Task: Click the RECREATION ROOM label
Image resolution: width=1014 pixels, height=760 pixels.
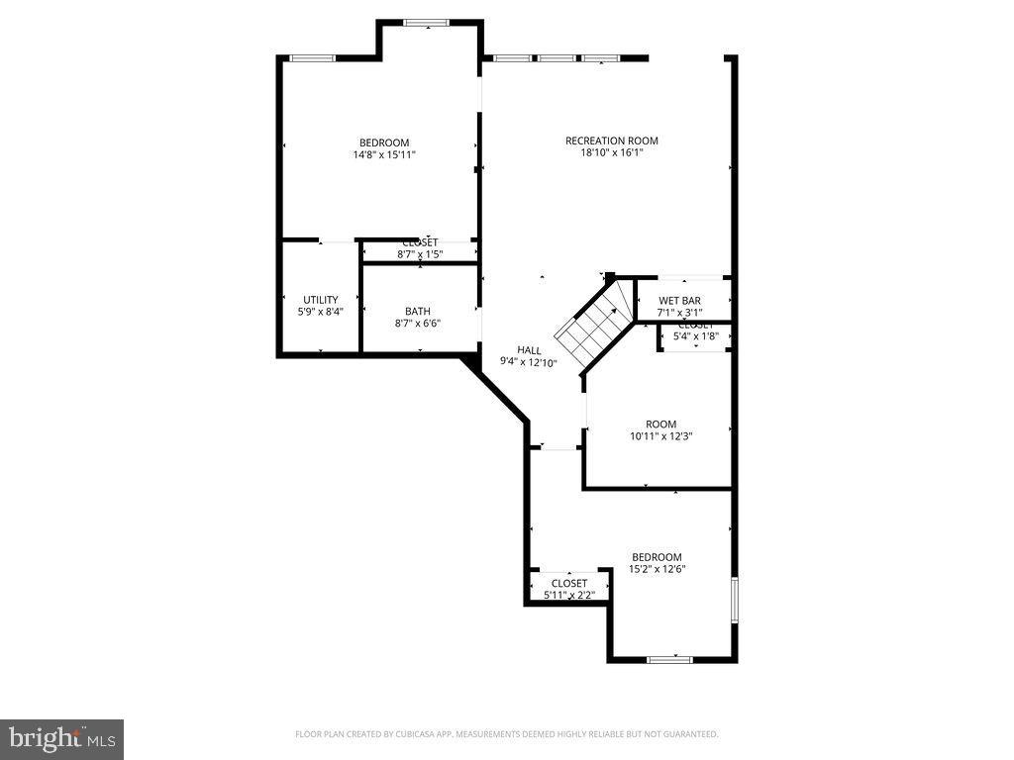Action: click(x=611, y=141)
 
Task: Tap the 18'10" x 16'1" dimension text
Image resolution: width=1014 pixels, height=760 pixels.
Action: click(x=611, y=152)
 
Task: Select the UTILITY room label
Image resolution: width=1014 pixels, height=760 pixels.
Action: click(x=320, y=300)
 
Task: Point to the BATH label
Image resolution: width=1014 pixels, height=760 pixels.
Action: click(x=417, y=312)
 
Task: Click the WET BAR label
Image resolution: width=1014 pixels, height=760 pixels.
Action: click(x=679, y=300)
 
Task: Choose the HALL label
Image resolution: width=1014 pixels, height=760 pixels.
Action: click(x=529, y=350)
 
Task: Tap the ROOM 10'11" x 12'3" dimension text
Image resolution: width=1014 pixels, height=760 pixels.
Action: click(x=660, y=435)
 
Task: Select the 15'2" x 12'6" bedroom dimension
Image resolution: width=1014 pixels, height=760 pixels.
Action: click(x=658, y=569)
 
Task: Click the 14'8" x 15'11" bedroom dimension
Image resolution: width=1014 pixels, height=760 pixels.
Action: click(x=383, y=154)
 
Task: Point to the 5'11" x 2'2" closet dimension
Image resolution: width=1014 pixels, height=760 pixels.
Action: click(x=568, y=595)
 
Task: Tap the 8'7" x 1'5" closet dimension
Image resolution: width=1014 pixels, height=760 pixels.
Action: click(x=420, y=254)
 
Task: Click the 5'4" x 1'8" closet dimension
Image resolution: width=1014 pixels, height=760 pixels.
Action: click(x=695, y=335)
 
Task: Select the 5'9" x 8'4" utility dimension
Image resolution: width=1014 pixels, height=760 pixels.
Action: click(x=320, y=312)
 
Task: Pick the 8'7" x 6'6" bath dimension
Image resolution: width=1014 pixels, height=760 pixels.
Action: click(x=417, y=324)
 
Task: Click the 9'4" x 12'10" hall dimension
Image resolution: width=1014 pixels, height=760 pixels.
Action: click(x=529, y=362)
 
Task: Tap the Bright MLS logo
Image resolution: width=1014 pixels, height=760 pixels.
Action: click(x=61, y=738)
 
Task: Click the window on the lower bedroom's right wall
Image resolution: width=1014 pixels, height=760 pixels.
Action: click(x=734, y=600)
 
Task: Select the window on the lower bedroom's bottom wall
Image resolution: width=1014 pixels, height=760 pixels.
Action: click(x=669, y=658)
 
